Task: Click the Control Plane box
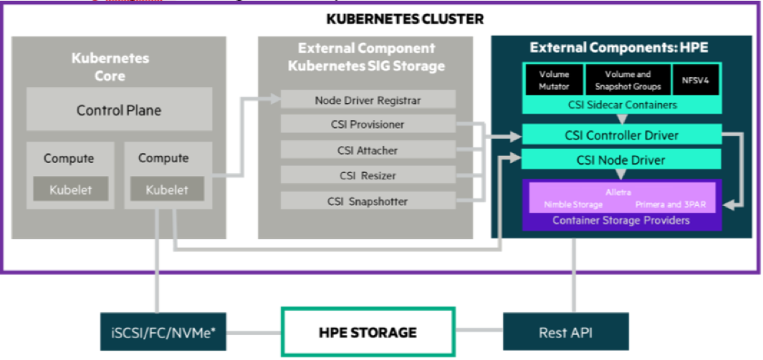[x=119, y=110]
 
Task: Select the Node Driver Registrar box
[x=368, y=101]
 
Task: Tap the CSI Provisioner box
[x=368, y=124]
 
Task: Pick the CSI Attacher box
[x=368, y=150]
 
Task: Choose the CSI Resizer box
[x=368, y=175]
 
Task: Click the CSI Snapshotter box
[x=368, y=201]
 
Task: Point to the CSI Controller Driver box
[x=621, y=135]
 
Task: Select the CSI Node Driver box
[x=621, y=159]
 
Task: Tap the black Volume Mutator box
[x=553, y=80]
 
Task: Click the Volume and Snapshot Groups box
[x=627, y=80]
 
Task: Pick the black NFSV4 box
[x=696, y=80]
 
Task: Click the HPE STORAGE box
[x=368, y=332]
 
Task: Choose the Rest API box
[x=566, y=332]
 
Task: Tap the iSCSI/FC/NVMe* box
[x=163, y=332]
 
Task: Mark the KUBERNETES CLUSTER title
[x=405, y=19]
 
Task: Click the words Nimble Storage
[x=573, y=204]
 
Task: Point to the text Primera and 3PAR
[x=670, y=204]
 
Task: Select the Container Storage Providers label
[x=621, y=220]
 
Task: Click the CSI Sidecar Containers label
[x=621, y=104]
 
